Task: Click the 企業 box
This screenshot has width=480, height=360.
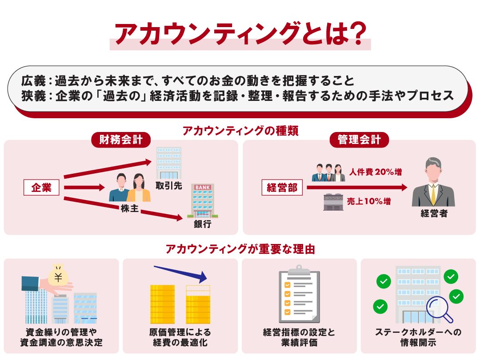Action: point(41,188)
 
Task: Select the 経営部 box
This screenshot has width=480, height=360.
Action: point(282,188)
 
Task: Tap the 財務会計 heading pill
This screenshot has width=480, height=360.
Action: point(121,140)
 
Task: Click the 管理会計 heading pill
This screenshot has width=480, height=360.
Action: point(359,140)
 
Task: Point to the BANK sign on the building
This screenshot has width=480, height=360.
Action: point(202,188)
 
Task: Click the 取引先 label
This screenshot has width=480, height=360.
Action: point(169,185)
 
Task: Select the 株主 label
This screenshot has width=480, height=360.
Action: point(130,208)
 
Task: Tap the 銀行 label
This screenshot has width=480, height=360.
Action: point(202,224)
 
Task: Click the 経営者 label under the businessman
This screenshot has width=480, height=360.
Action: point(434,213)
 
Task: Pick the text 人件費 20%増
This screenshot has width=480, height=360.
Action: point(376,172)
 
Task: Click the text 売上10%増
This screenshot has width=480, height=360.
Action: point(368,201)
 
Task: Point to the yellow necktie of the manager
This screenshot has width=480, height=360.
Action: point(433,195)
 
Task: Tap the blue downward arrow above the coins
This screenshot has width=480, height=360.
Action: point(180,273)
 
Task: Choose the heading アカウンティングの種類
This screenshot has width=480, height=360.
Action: point(240,131)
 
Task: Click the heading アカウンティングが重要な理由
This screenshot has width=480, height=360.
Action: point(240,249)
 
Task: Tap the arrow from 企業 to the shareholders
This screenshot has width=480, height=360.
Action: point(84,188)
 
